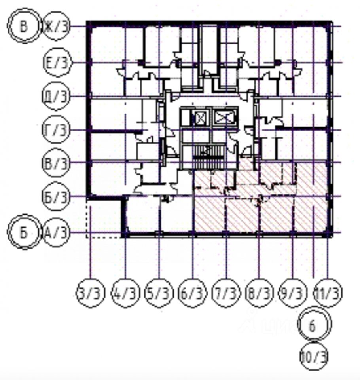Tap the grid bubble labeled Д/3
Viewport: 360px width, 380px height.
tap(56, 97)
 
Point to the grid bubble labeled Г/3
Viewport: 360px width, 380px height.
tap(56, 130)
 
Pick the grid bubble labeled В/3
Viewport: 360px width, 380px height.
tap(56, 163)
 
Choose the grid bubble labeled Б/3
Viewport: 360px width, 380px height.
tap(56, 196)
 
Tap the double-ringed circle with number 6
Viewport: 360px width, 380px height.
tap(315, 326)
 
